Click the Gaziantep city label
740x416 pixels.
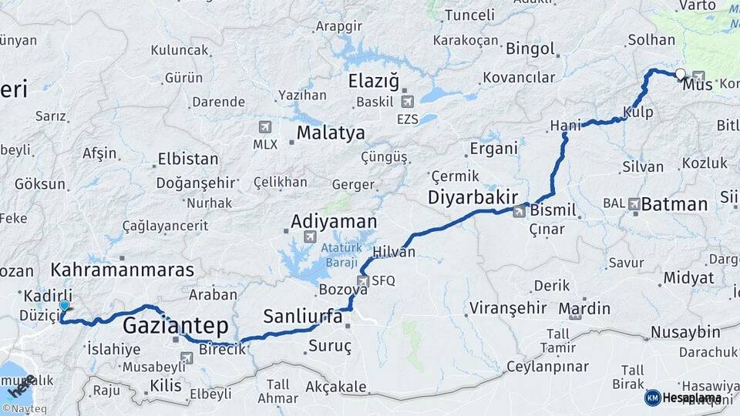[x=175, y=324]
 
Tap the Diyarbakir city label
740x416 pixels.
[x=473, y=197]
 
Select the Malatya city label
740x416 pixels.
[x=331, y=133]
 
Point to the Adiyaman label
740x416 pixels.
[x=334, y=222]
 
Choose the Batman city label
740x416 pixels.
[x=674, y=204]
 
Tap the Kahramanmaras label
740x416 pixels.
[x=123, y=270]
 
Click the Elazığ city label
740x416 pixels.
[x=374, y=80]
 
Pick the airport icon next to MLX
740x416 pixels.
[x=265, y=126]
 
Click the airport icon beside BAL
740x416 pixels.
[x=634, y=204]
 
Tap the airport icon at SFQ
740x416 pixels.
[x=362, y=281]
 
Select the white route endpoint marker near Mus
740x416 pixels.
[x=680, y=75]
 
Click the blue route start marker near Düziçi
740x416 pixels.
[x=64, y=307]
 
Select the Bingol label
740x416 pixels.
[x=530, y=49]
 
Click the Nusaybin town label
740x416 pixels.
[x=685, y=332]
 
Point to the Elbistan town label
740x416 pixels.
[x=188, y=159]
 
